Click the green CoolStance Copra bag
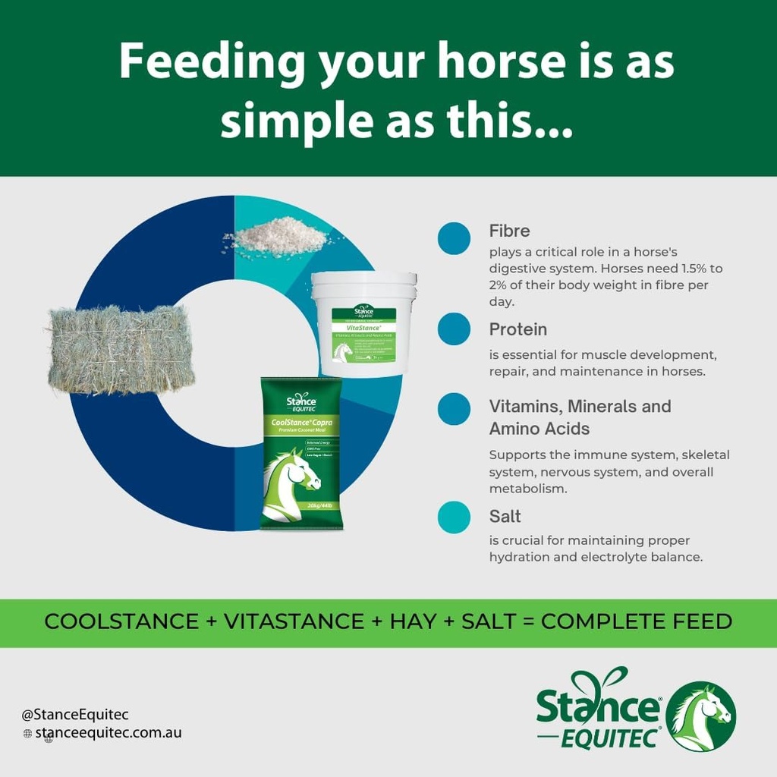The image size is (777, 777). pos(301,453)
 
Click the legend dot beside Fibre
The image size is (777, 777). pos(454,239)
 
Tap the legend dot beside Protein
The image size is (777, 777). pos(454,329)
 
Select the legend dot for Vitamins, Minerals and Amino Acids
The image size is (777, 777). pos(454,408)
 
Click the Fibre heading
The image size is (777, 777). pos(509,231)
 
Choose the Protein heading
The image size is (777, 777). pos(518,329)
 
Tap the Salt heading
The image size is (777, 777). pos(505,517)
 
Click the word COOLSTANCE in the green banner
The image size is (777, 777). pos(121,621)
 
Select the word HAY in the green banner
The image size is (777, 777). pos(413,621)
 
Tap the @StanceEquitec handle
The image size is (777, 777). pos(75,714)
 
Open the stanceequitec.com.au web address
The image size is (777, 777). pos(109,733)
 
